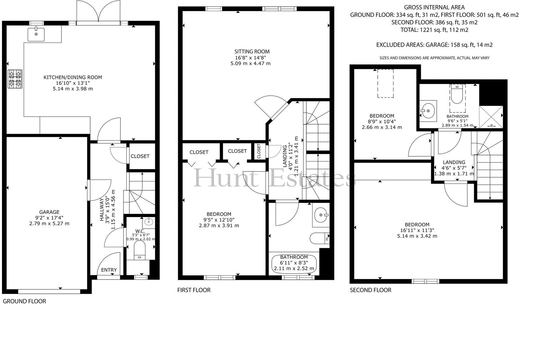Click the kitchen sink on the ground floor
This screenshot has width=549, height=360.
36,34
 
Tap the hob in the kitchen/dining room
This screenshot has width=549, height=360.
15,79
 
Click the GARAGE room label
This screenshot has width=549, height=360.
49,212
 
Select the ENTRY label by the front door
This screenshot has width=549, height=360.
109,270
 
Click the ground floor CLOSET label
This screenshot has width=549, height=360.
140,156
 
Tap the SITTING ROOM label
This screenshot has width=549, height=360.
252,52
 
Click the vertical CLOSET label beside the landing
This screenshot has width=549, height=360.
259,151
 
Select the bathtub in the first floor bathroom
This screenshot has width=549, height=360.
294,264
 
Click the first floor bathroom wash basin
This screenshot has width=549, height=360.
321,215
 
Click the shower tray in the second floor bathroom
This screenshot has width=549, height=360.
491,117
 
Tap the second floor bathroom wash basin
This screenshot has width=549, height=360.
428,111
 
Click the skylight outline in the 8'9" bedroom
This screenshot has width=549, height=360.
386,83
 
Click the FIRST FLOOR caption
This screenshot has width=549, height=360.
194,290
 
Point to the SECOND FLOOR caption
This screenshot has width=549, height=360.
371,290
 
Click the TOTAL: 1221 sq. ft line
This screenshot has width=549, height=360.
434,30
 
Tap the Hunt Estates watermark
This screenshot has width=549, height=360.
274,178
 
